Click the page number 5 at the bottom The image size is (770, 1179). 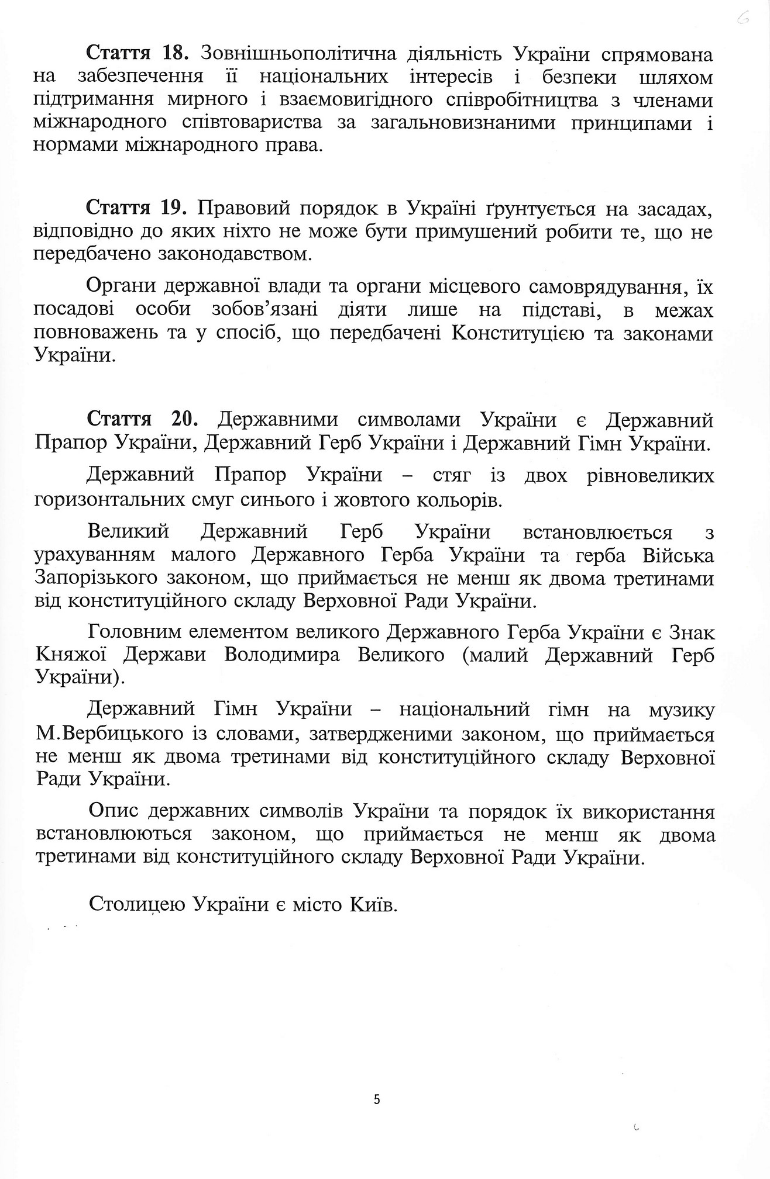coord(377,1100)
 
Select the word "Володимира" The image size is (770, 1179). coord(282,655)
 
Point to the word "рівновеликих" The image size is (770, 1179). coord(650,475)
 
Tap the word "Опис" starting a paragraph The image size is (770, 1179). coord(113,812)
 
